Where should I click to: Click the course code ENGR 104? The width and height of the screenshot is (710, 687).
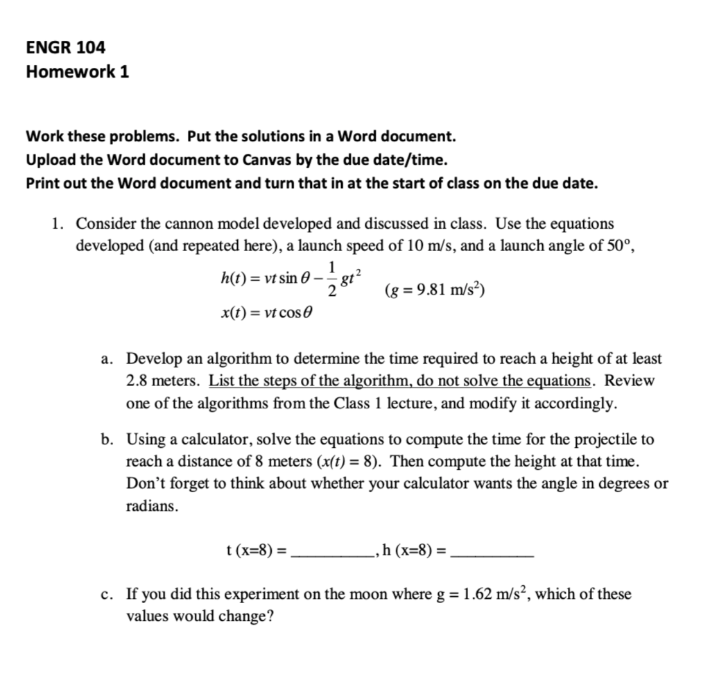tap(66, 48)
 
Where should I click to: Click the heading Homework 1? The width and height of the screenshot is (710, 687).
tap(77, 71)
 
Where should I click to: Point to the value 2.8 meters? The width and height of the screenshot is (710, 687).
tap(161, 381)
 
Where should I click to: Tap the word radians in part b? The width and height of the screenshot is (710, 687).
tap(151, 506)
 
